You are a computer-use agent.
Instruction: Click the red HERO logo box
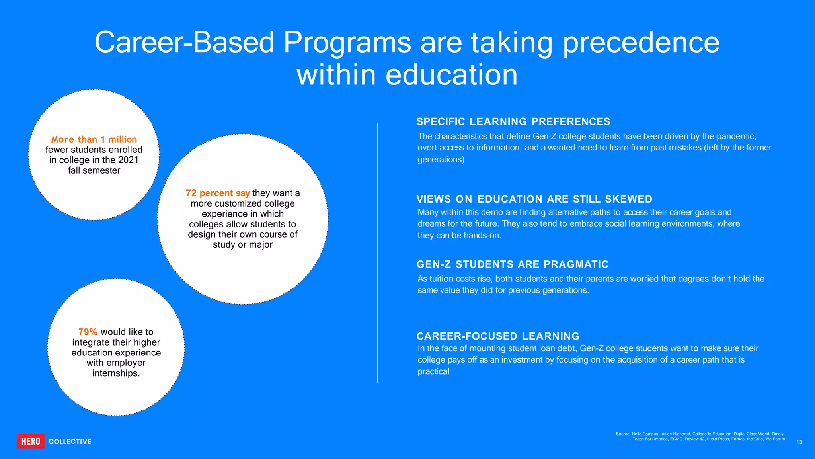pos(31,441)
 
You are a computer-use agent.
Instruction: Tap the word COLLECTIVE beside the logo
pos(70,441)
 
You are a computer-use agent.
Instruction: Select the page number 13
pos(799,442)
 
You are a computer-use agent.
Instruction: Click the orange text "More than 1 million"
pos(94,139)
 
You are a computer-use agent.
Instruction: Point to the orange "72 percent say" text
pos(218,193)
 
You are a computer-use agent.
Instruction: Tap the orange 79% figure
pos(88,332)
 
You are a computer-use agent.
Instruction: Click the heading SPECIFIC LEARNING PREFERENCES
pos(513,121)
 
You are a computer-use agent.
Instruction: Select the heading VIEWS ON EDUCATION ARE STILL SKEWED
pos(534,199)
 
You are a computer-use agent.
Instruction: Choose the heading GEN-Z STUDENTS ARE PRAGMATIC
pos(513,264)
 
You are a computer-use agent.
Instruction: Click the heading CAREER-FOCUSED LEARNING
pos(498,336)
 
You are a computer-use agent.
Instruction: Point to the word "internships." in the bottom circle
pos(116,373)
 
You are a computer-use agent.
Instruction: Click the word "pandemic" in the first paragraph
pos(736,136)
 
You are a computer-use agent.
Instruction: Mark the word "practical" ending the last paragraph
pos(433,371)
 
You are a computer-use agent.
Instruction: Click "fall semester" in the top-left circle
pos(94,170)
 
